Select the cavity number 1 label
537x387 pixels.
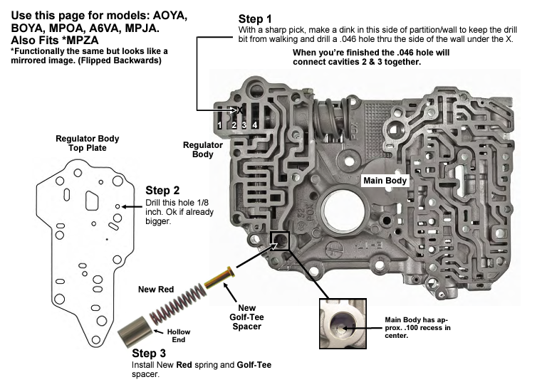[221, 125]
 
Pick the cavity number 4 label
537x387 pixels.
[254, 125]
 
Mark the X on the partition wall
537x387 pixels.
[240, 110]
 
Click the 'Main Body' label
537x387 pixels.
[385, 181]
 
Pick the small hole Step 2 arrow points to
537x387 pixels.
[117, 206]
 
